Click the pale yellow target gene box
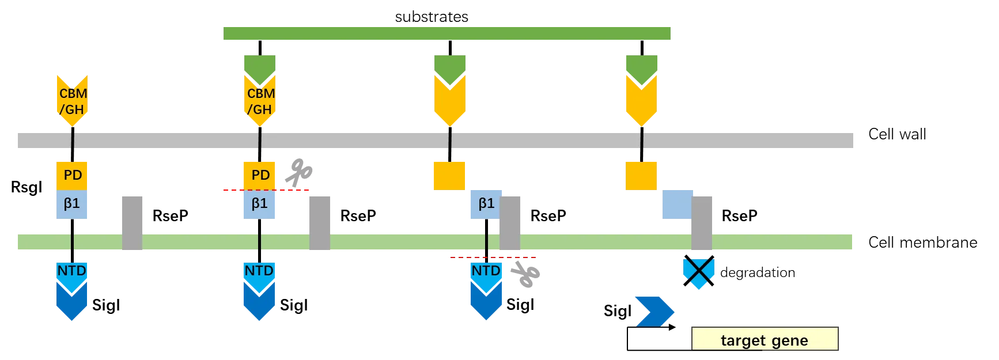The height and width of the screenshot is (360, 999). tap(764, 338)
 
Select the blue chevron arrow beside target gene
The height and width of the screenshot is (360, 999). tap(654, 311)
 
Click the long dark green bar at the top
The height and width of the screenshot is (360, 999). tap(446, 33)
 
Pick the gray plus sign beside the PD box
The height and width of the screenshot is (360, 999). tap(297, 172)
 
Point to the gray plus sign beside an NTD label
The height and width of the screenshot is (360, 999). tap(526, 274)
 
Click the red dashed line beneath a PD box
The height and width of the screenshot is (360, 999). tap(266, 191)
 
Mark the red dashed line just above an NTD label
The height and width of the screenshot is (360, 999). tap(493, 257)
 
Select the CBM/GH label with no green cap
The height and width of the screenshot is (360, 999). tap(72, 101)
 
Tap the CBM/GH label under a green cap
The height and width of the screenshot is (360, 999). tap(260, 101)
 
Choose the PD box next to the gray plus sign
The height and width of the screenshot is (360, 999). tap(259, 175)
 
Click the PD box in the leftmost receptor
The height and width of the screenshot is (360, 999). tap(72, 175)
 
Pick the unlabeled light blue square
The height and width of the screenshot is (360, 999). tap(676, 205)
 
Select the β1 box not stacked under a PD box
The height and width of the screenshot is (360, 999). tap(486, 204)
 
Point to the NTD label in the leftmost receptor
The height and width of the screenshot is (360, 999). tap(72, 271)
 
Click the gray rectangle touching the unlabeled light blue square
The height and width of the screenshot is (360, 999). tap(702, 222)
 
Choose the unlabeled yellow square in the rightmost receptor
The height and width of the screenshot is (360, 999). tap(641, 176)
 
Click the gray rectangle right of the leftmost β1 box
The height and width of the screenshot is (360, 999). tap(131, 222)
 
